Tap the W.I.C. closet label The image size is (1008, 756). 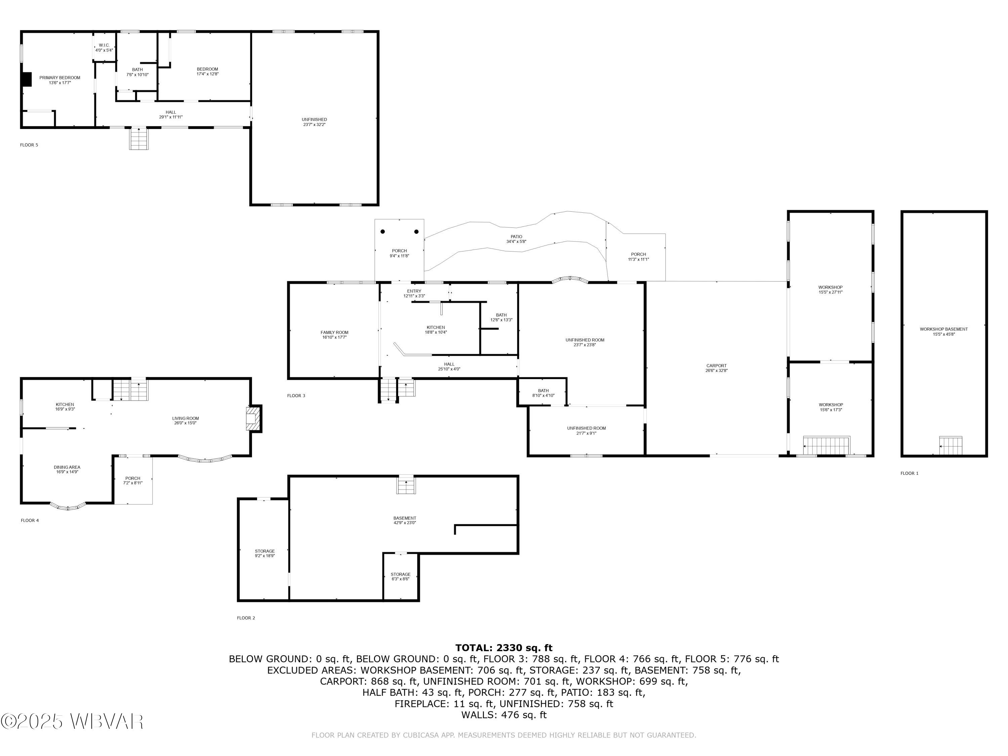(104, 47)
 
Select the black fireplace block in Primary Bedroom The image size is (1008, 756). (27, 79)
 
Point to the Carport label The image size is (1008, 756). (716, 368)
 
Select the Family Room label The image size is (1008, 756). (334, 334)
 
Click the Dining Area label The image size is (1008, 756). (67, 469)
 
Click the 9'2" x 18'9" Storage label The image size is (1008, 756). (264, 553)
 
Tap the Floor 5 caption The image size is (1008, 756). (29, 145)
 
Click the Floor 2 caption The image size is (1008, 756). (246, 618)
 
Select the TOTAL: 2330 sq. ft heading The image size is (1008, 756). (504, 647)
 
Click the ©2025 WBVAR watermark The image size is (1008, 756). (72, 721)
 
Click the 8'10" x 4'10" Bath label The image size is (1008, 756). (543, 393)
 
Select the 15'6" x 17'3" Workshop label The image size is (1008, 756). (830, 407)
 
